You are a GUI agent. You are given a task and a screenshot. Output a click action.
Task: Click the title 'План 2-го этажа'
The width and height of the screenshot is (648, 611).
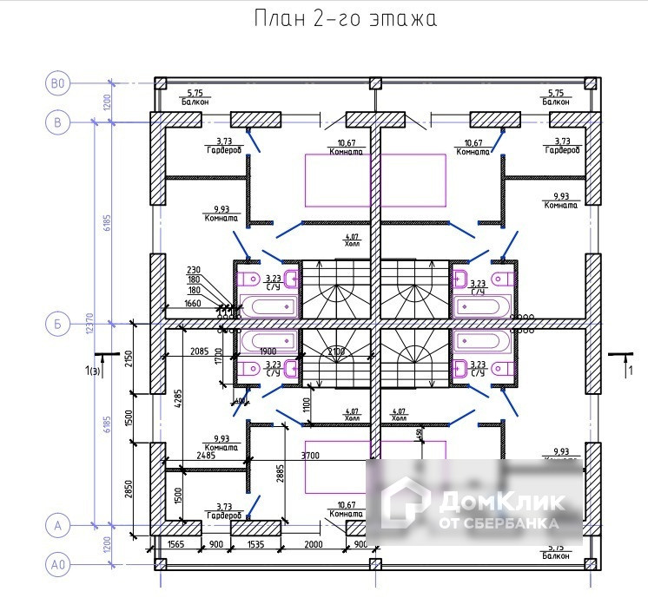tap(345, 19)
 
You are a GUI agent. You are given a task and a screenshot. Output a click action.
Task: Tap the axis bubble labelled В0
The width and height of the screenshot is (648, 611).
tap(58, 83)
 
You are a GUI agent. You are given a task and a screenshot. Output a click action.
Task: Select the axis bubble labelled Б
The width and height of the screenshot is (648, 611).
tap(58, 325)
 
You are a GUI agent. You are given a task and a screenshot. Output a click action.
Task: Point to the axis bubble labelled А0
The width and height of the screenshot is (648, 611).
tap(58, 565)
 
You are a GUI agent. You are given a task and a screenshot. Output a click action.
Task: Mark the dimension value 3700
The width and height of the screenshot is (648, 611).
tap(309, 455)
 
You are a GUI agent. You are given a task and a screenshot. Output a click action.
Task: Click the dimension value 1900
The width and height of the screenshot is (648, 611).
tap(268, 351)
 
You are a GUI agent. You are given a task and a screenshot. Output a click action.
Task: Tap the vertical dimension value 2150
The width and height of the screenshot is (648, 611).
tap(129, 357)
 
